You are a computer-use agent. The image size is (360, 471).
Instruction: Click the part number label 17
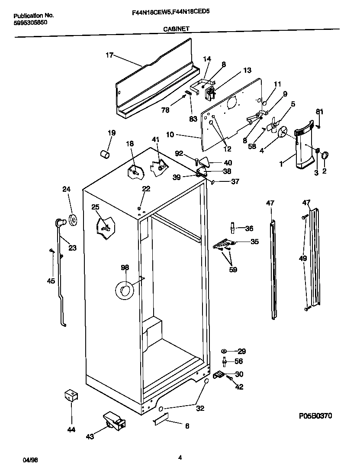coord(109,55)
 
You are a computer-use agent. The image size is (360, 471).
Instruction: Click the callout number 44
coord(71,429)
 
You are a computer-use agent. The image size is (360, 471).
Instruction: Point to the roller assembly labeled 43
coord(113,421)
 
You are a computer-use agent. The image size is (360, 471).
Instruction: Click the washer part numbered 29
coord(224,351)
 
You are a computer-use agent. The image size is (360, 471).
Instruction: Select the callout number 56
coord(238,361)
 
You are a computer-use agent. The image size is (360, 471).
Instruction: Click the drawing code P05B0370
coord(315,416)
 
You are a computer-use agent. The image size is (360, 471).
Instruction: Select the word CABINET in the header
coord(176,29)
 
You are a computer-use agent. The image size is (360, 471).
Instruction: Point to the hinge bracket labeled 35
coord(224,245)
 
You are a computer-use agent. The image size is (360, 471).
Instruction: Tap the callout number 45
coord(51,281)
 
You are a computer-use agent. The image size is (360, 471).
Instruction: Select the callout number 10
coord(170,135)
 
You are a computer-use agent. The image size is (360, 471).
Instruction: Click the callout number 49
coord(303,258)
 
